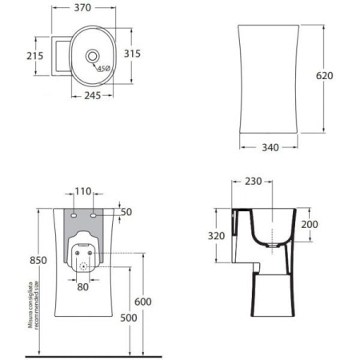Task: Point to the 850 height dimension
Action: click(x=14, y=260)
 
